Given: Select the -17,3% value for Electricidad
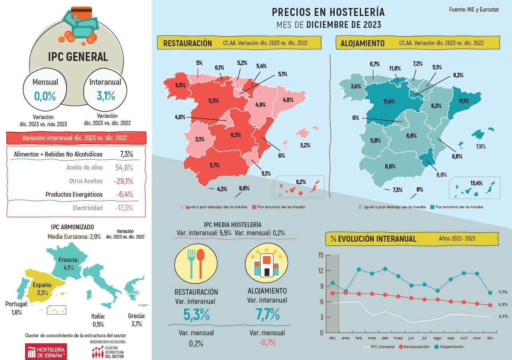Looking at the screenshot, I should click(123, 208).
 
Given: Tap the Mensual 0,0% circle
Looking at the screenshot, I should click(45, 91).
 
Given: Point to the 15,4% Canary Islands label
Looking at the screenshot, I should click(476, 183).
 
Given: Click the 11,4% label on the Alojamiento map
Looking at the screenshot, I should click(389, 102).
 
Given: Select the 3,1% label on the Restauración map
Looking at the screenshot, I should click(200, 139).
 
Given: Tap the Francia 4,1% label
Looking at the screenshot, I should click(69, 264).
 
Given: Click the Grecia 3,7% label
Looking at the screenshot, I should click(136, 320).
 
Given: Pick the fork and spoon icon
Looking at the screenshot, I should click(196, 263).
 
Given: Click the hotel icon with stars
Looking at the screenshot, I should click(267, 263).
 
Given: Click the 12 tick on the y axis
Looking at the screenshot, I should click(321, 270).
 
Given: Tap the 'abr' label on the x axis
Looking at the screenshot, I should click(385, 338).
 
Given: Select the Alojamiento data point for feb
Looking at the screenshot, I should click(359, 270).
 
